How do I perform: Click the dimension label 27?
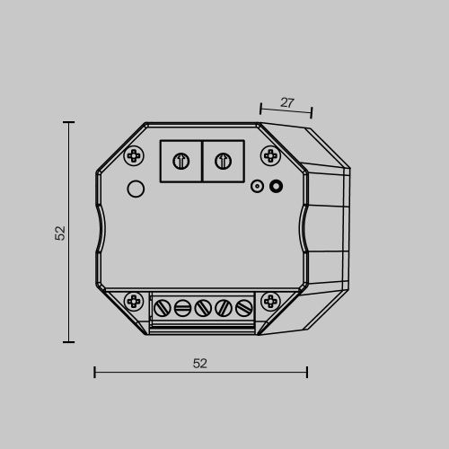[x=286, y=103]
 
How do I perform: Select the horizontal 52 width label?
[x=200, y=364]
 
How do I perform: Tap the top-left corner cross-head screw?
[x=134, y=155]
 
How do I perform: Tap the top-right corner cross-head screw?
[x=269, y=155]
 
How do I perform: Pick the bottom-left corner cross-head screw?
[x=134, y=301]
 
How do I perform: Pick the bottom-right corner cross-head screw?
[x=269, y=301]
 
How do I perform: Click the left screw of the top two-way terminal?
[x=180, y=162]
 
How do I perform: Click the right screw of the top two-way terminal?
[x=224, y=162]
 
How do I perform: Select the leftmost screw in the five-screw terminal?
[x=163, y=308]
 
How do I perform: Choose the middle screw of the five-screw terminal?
[x=202, y=308]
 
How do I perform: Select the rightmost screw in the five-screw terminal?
[x=242, y=308]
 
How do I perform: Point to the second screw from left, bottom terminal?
[x=182, y=308]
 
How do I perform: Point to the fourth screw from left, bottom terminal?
[x=223, y=308]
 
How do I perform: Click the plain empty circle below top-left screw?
[x=136, y=189]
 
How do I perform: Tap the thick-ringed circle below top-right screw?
[x=276, y=187]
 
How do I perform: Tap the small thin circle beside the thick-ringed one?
[x=257, y=187]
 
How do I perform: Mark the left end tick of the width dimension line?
[x=94, y=372]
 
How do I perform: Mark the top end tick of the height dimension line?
[x=69, y=122]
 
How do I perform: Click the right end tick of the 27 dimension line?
[x=311, y=112]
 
